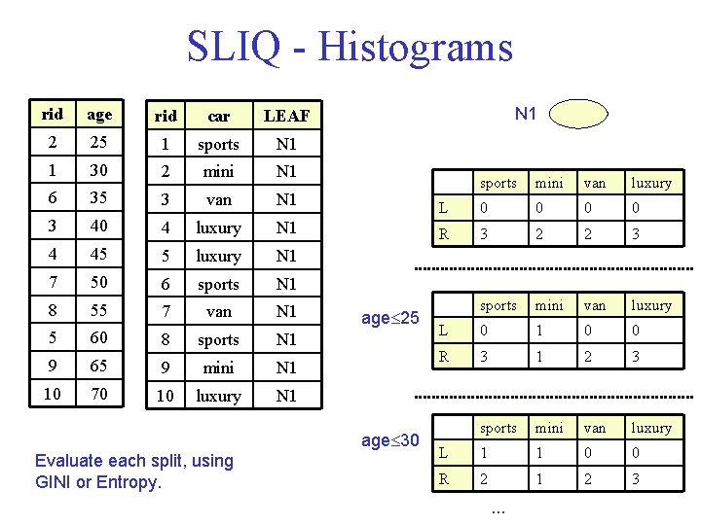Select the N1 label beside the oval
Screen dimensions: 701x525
click(526, 114)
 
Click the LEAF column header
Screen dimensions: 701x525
click(286, 116)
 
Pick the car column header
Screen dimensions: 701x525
click(218, 116)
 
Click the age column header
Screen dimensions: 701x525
click(99, 115)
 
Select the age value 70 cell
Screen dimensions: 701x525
click(99, 395)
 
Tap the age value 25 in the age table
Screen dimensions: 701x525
click(99, 143)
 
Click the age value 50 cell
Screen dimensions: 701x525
click(99, 283)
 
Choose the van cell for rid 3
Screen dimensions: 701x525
click(218, 199)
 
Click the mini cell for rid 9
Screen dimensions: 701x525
click(218, 367)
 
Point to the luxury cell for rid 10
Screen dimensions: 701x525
click(218, 396)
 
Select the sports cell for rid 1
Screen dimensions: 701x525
click(218, 144)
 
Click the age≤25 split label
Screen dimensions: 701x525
click(389, 318)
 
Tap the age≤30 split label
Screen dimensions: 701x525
click(389, 440)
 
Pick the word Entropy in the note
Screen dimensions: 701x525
click(130, 481)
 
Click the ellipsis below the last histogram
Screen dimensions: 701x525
click(498, 509)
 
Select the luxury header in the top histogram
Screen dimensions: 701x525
click(650, 183)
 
